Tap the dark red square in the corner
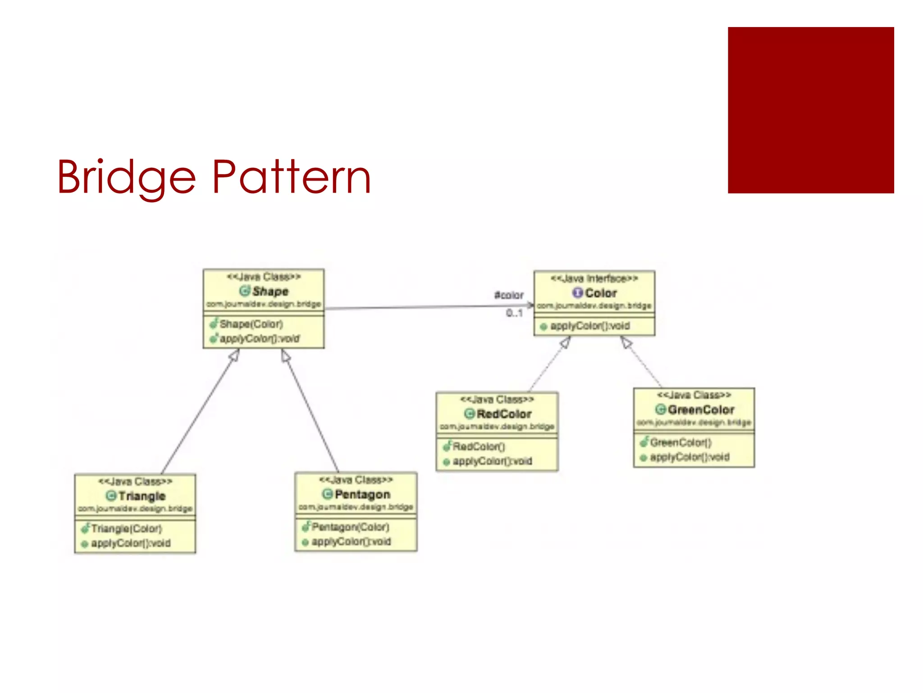coord(810,110)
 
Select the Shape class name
coord(270,291)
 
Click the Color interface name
coord(600,293)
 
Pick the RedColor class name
coord(504,414)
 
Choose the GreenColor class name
coord(701,410)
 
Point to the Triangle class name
coord(142,496)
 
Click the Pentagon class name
coord(362,494)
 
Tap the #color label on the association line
coord(509,295)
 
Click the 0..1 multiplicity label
coord(514,313)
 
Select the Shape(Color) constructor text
coord(251,324)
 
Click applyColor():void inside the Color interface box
coord(589,326)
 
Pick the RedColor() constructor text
coord(479,447)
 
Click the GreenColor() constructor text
coord(681,443)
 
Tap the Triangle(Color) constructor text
coord(126,528)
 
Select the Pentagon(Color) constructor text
coord(350,527)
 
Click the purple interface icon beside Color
coord(577,293)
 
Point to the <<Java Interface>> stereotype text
coord(594,278)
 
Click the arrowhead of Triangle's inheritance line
coord(234,356)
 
